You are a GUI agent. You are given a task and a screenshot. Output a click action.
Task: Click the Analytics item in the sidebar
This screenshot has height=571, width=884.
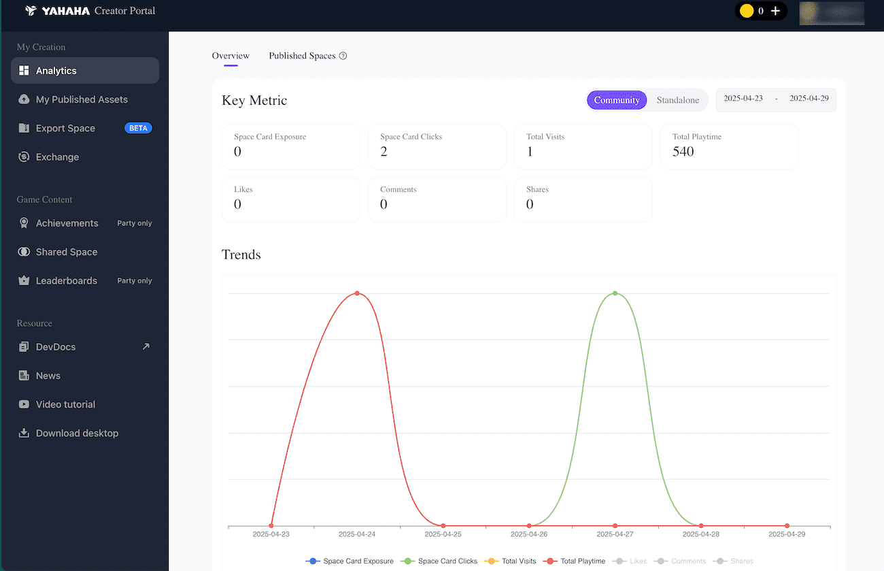click(x=56, y=71)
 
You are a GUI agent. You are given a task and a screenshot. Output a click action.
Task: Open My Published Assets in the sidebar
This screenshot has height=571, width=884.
click(x=82, y=99)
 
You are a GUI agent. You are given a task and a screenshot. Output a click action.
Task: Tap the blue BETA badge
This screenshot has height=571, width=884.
click(x=138, y=128)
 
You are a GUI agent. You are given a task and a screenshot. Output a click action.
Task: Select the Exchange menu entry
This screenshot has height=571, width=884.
click(x=57, y=157)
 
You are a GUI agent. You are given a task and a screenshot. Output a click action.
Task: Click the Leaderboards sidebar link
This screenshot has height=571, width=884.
click(x=66, y=280)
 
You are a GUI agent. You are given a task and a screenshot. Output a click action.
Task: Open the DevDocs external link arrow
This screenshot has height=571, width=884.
click(x=146, y=346)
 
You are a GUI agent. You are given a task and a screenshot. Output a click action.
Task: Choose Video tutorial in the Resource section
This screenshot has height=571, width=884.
click(x=65, y=404)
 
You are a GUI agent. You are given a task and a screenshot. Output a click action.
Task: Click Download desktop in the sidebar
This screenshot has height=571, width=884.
click(x=77, y=434)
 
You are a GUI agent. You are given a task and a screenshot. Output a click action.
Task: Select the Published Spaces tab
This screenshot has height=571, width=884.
click(x=302, y=56)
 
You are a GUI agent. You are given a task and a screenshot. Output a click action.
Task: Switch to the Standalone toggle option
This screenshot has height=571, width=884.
click(x=677, y=100)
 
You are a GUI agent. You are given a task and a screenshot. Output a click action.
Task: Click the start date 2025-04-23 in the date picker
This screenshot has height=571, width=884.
click(x=743, y=99)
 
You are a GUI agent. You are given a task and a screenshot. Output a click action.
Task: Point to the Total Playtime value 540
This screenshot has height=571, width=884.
click(x=683, y=152)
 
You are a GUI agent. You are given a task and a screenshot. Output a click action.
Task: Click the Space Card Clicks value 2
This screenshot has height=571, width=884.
click(x=384, y=152)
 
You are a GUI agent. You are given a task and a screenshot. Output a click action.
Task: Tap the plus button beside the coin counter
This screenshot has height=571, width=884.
click(x=775, y=11)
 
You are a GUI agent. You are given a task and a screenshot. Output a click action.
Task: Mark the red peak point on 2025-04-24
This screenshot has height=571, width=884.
click(x=357, y=293)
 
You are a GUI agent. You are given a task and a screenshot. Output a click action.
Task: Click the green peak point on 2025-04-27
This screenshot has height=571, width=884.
click(x=615, y=293)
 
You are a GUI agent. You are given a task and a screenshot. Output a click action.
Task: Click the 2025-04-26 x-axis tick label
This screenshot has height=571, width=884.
click(x=529, y=534)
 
